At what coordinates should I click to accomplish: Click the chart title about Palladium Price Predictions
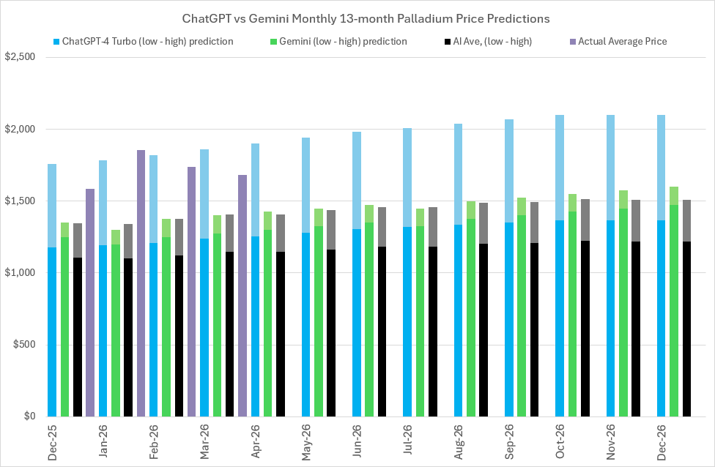[x=357, y=17]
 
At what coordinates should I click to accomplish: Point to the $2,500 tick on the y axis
[x=23, y=58]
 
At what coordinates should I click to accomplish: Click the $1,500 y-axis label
[x=23, y=201]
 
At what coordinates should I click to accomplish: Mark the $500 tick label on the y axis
[x=27, y=345]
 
